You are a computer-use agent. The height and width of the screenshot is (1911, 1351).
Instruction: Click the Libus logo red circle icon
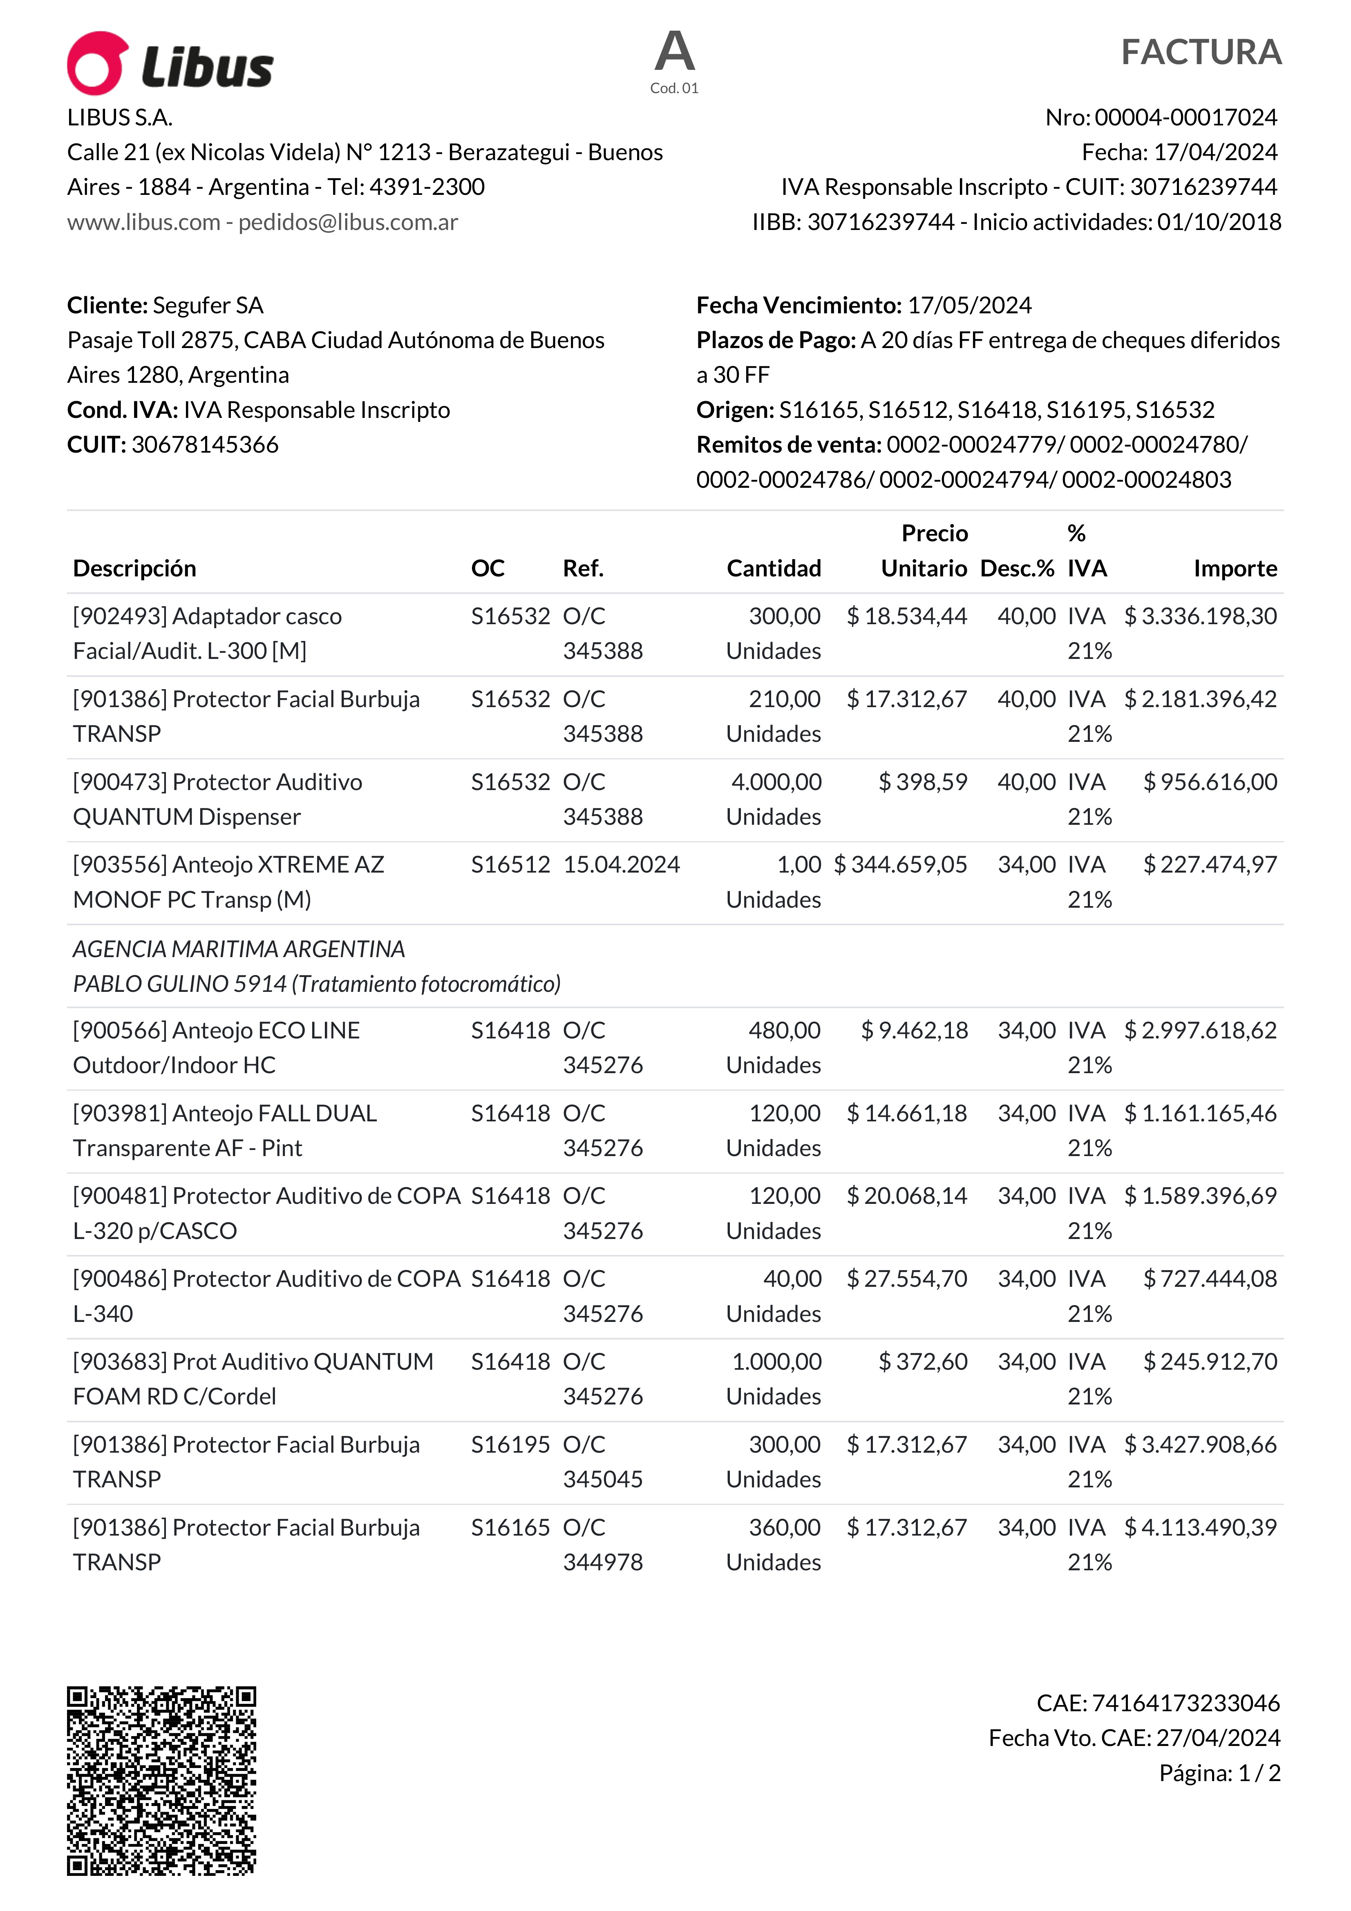[97, 63]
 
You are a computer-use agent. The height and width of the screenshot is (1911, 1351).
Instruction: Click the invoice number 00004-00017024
[1185, 117]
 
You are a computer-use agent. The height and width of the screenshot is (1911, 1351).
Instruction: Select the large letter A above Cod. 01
[674, 51]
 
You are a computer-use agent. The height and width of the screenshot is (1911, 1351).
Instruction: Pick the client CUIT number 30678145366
[205, 444]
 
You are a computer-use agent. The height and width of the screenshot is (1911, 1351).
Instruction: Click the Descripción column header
[135, 569]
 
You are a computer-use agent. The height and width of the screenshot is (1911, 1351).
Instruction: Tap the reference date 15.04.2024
[621, 865]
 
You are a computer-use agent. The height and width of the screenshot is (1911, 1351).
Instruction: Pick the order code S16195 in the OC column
[510, 1445]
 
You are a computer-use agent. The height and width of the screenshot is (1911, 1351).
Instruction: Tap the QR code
[161, 1780]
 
